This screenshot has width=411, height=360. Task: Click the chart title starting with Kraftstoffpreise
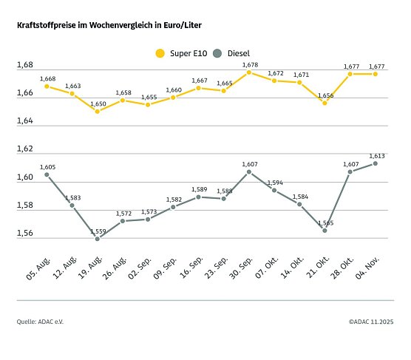click(x=108, y=25)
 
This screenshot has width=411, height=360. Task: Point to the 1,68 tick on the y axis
click(x=24, y=65)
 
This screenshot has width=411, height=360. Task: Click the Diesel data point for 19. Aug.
click(x=97, y=239)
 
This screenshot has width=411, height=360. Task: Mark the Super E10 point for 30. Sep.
click(x=249, y=72)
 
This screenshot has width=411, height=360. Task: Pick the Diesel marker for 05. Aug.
click(x=47, y=174)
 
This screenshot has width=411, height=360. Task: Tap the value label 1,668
click(x=47, y=78)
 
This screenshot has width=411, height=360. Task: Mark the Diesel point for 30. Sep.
click(x=249, y=171)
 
